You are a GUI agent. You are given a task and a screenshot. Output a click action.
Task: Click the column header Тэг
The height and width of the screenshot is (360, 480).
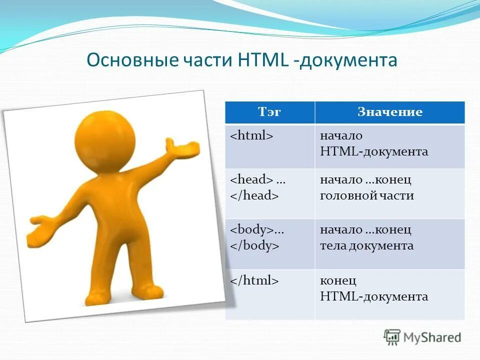[x=269, y=112]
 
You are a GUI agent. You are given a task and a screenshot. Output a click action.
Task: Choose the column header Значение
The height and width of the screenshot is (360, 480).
[x=389, y=112]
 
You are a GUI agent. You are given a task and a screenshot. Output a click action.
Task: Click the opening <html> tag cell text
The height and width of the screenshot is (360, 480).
[x=251, y=136]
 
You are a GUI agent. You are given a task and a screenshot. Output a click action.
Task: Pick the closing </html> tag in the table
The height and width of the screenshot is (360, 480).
[x=254, y=281]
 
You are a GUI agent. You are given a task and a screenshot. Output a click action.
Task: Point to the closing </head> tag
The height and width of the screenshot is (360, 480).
[x=254, y=196]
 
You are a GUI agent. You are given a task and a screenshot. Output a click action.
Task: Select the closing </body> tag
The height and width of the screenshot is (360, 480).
[x=254, y=246]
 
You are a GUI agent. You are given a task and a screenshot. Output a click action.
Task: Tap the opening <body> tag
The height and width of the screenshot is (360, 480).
[x=251, y=230]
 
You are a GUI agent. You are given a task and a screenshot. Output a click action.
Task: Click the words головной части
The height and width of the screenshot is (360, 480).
[x=366, y=196]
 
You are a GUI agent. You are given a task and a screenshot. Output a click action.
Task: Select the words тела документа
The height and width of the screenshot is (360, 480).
[x=366, y=246]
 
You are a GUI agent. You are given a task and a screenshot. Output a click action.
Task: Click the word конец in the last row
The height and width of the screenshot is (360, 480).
[x=338, y=281]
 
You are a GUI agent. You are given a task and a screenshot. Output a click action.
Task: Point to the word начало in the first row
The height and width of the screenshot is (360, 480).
[x=341, y=136]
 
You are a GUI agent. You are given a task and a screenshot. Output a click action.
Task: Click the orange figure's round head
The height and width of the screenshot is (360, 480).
[x=104, y=135]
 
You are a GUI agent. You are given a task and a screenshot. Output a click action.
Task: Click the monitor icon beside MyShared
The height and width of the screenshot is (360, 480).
[x=392, y=337]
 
